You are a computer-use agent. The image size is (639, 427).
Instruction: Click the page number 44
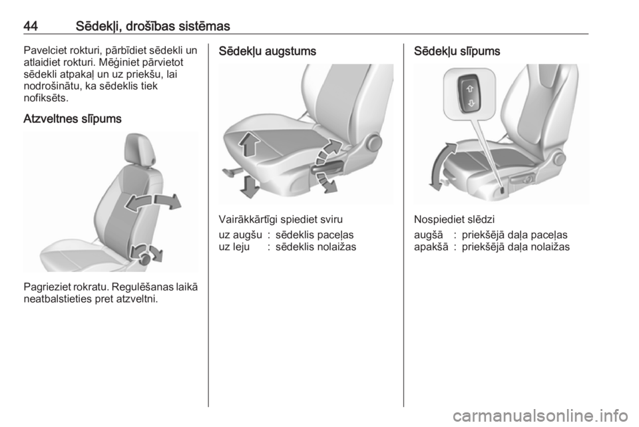pos(31,26)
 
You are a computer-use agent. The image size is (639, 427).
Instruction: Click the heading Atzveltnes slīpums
pos(73,119)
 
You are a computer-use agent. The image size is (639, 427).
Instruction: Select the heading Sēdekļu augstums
pos(268,51)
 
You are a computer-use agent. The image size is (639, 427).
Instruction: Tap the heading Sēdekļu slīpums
pos(457,51)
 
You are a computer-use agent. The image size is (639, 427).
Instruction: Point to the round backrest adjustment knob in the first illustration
pos(144,257)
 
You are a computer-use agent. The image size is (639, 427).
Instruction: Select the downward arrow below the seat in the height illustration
pos(250,186)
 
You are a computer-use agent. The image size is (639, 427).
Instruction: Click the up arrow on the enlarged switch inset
pos(470,88)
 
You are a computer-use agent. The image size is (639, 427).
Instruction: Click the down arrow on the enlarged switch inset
pos(471,103)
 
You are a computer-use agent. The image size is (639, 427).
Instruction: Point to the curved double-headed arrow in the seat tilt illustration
pos(440,166)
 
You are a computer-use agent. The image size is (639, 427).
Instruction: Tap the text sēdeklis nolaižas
pos(316,247)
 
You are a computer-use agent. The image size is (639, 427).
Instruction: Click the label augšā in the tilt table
pos(428,235)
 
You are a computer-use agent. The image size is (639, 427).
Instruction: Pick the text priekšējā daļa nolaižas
pos(515,247)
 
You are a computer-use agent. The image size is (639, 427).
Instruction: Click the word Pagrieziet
pos(45,287)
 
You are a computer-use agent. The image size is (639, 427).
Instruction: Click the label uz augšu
pos(240,235)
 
